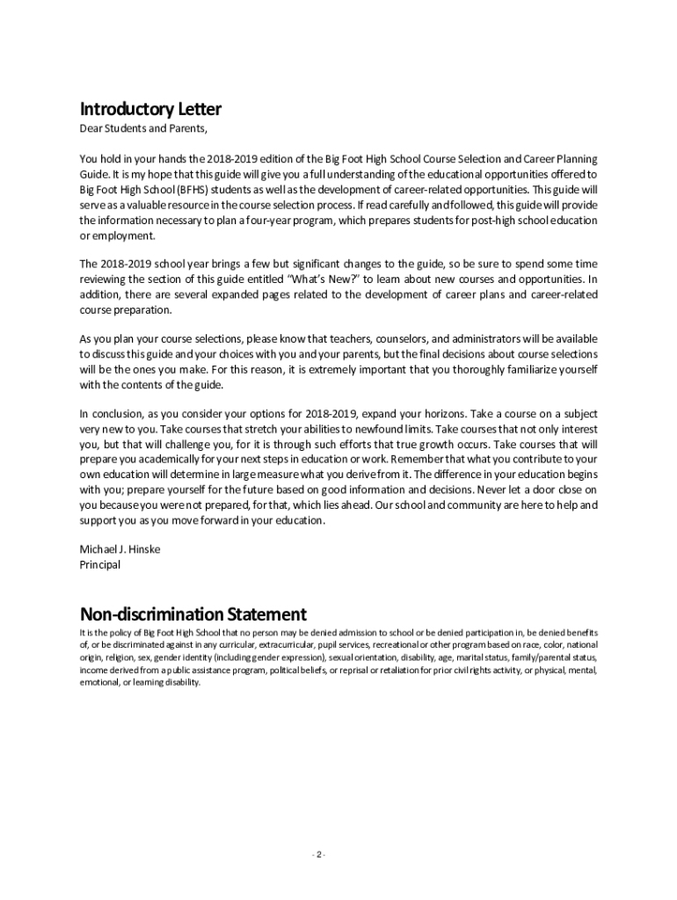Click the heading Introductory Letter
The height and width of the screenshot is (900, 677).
pos(150,110)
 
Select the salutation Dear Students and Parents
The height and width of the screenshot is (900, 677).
pos(144,130)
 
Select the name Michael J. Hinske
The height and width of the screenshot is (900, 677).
pos(120,549)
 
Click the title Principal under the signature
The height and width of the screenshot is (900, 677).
pos(100,565)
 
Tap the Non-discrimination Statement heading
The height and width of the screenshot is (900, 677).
pos(193,613)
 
